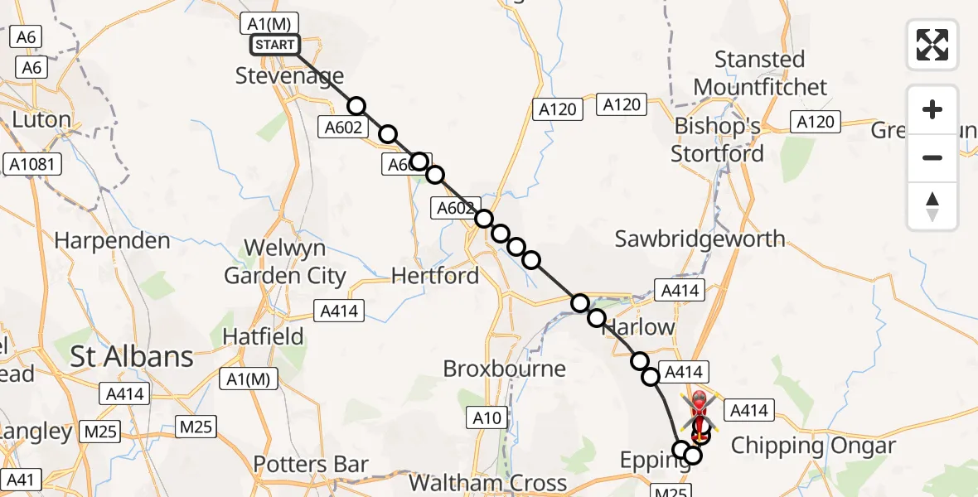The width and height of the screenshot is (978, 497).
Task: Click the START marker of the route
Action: (274, 44)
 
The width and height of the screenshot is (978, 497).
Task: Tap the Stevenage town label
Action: (289, 76)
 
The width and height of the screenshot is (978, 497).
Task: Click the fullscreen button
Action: (932, 44)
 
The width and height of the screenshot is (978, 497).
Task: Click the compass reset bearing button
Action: (932, 206)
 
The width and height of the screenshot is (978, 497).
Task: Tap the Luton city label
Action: (41, 120)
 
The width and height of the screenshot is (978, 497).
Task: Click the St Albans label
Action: (132, 357)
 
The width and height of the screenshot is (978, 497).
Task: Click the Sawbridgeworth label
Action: (700, 239)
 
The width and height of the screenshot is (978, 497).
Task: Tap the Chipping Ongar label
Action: (813, 446)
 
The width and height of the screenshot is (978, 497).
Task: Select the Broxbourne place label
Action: (505, 369)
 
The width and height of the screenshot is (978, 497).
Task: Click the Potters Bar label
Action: (311, 465)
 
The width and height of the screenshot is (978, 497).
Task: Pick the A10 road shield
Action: (487, 417)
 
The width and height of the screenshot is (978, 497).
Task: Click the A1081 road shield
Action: (32, 164)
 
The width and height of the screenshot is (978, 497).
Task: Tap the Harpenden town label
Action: (112, 241)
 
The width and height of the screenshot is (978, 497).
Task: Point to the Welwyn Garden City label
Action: (284, 262)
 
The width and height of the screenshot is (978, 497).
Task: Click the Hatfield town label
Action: (264, 337)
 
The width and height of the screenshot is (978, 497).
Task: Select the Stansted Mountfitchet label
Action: (760, 74)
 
